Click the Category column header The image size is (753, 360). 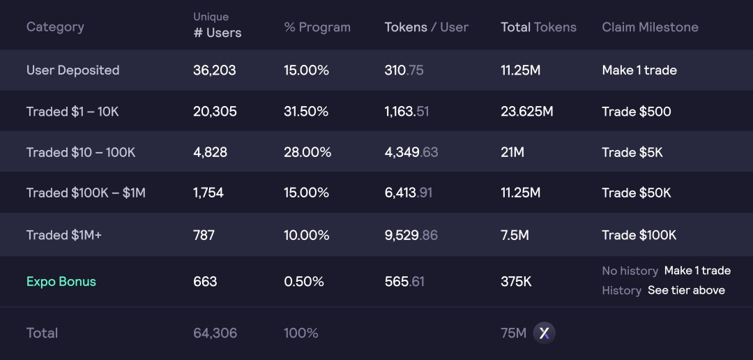(x=55, y=27)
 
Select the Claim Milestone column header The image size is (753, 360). (x=650, y=27)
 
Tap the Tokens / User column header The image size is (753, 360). (x=426, y=27)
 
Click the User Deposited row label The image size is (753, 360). (x=73, y=70)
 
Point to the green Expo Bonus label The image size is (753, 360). (x=61, y=282)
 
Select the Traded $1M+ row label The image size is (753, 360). (x=64, y=235)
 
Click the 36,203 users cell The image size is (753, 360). (x=215, y=70)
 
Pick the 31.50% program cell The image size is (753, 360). (x=306, y=112)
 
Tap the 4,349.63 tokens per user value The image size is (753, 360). (x=411, y=152)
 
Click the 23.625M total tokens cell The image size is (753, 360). (x=526, y=112)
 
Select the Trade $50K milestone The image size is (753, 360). (x=637, y=193)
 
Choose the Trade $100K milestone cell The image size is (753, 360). (x=639, y=235)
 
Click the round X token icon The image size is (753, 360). (x=545, y=333)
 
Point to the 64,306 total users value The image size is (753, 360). (x=215, y=333)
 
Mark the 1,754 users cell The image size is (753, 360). (x=208, y=193)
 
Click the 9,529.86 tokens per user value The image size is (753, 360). (x=411, y=235)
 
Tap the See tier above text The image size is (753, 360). (x=686, y=290)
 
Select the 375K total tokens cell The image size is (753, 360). (x=516, y=282)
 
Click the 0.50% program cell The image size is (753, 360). (x=304, y=282)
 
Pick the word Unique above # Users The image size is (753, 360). (x=211, y=17)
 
